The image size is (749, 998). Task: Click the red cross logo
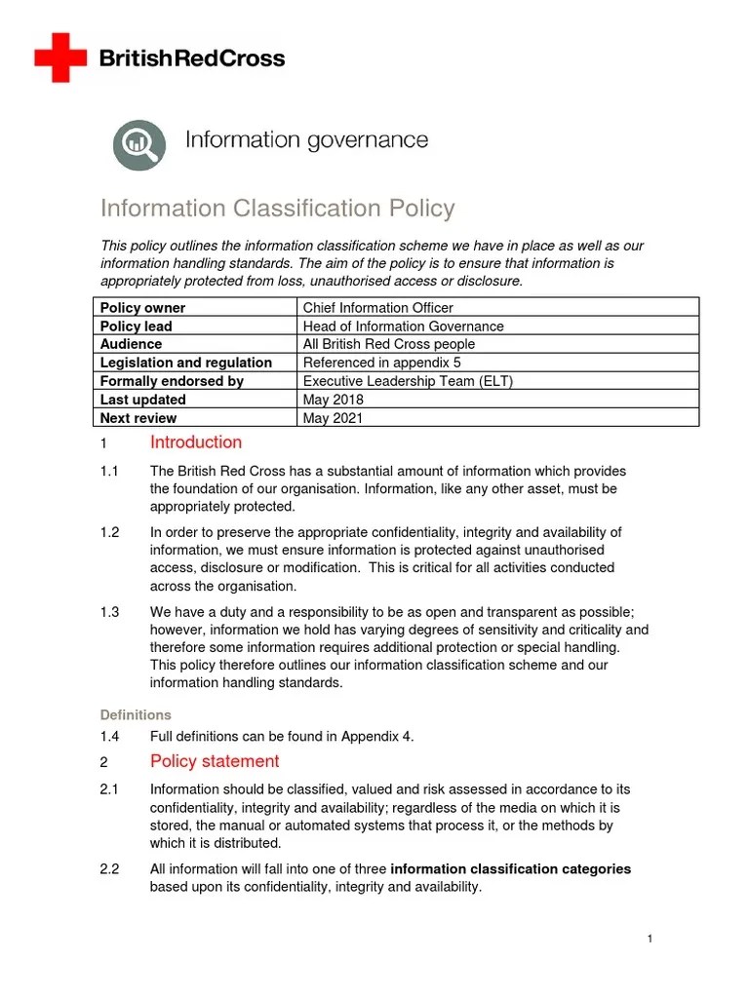(59, 58)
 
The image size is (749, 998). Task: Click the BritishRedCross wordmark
(192, 58)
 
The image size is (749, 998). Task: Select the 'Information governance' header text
(306, 140)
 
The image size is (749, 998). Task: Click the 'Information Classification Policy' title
(278, 209)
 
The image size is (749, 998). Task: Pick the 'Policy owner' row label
(142, 308)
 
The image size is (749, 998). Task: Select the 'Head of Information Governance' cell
(403, 326)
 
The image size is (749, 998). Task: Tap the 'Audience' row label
(132, 344)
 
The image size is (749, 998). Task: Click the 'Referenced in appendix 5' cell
(380, 363)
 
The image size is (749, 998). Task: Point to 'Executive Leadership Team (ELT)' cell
(408, 381)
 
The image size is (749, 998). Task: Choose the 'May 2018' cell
(333, 400)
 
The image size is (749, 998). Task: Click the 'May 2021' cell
(333, 418)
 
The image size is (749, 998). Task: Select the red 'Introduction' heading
(196, 442)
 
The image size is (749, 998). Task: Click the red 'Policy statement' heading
(215, 761)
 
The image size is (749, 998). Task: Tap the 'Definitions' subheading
(136, 714)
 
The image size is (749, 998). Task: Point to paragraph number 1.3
(109, 612)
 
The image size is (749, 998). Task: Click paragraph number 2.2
(109, 869)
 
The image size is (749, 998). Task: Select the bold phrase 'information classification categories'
(510, 869)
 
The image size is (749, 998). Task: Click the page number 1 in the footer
(650, 939)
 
